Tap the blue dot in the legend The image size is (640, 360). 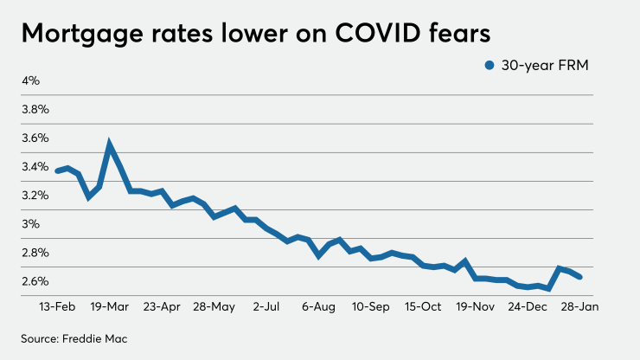490,66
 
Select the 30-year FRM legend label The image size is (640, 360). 542,66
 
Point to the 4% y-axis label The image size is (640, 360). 31,81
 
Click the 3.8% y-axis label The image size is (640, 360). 35,110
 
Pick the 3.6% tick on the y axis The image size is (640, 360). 35,138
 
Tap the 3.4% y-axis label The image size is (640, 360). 35,167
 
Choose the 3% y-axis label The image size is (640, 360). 31,224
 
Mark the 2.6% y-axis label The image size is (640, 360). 35,281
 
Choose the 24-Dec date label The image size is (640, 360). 527,306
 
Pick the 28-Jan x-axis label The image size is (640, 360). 578,306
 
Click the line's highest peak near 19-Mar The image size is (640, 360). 110,145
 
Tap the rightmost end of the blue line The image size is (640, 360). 579,277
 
